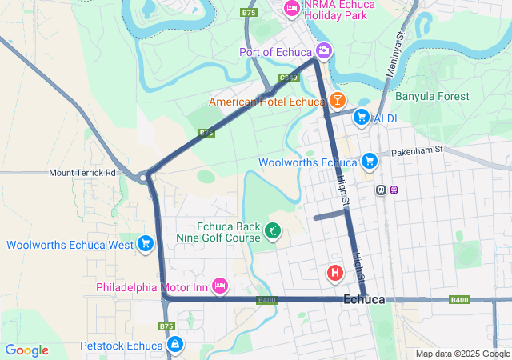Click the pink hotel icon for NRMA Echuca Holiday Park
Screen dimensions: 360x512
coord(292,8)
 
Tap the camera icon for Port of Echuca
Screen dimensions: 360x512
coord(324,51)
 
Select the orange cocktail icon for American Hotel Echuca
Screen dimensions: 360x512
coord(337,101)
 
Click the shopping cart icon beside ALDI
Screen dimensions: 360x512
coord(362,118)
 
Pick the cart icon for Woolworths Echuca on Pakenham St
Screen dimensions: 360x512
coord(369,162)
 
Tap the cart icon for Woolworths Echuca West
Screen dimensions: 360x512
coord(146,243)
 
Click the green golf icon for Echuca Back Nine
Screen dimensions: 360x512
coord(273,231)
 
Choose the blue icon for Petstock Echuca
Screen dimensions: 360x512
coord(174,345)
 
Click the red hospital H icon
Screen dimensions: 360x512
coord(335,274)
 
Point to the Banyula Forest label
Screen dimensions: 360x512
coord(432,97)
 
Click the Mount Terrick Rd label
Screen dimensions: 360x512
coord(82,172)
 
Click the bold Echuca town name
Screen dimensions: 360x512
coord(364,299)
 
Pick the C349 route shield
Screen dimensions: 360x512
coord(289,78)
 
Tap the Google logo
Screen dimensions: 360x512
coord(26,350)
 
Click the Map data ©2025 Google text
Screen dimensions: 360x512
coord(462,354)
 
